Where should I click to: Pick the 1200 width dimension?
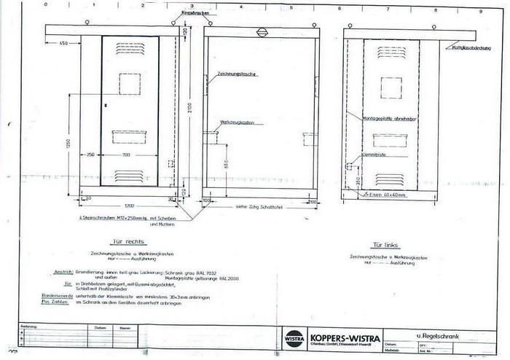[127, 205]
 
